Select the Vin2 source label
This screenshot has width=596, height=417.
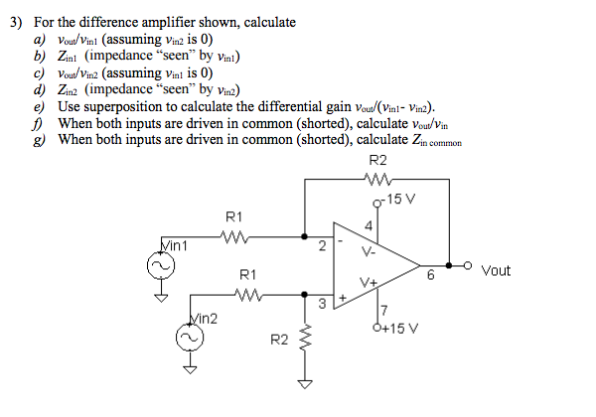(x=203, y=318)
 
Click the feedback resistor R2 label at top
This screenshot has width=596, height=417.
(x=377, y=162)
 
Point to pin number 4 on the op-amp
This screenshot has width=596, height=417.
(x=369, y=226)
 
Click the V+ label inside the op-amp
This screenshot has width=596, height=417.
(x=370, y=282)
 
